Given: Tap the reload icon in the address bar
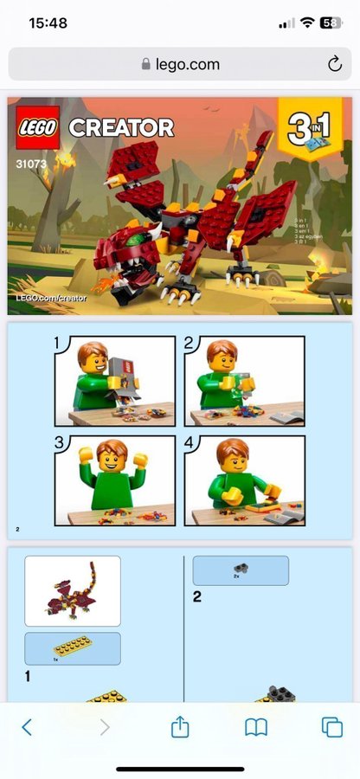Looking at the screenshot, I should coord(334,64).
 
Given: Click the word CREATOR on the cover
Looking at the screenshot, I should coord(121,128).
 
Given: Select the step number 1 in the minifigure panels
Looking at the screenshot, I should coord(59,344).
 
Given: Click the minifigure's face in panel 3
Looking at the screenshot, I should coord(110,459).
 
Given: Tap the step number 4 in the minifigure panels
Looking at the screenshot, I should coord(190,444).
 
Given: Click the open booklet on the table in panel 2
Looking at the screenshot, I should coord(285,417).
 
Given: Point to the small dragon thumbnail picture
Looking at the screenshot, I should coord(73,590).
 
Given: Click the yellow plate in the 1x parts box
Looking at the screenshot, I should coord(72,645).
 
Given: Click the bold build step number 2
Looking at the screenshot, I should coord(197,596).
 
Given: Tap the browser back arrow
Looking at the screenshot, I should coord(27,727).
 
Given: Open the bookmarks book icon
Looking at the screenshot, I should coord(256,727).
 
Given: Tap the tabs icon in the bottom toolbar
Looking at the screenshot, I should coord(332,727).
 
